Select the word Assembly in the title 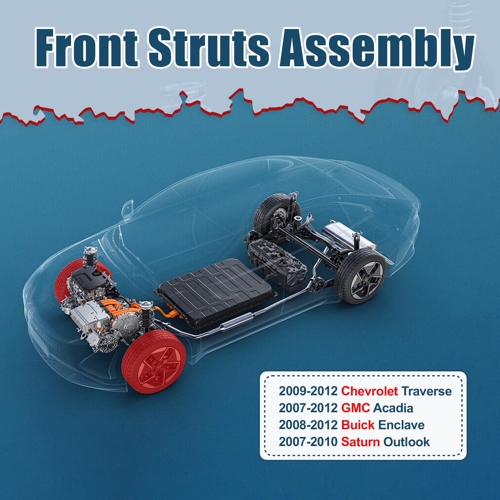377,49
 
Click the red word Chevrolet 369,391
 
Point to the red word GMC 355,408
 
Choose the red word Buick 358,425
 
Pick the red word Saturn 360,442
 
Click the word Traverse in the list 427,391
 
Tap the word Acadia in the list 393,408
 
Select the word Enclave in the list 401,425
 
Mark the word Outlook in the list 406,442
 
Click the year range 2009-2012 308,391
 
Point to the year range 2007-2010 308,442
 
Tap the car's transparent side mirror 128,207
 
